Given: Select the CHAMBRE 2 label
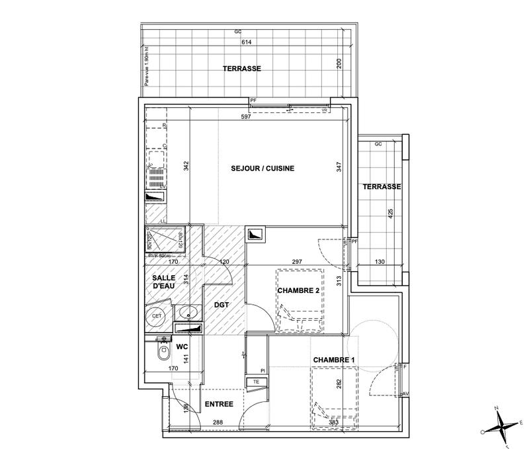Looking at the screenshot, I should click(298, 290).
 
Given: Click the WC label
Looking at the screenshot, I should click(181, 346).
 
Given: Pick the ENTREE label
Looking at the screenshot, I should click(218, 403).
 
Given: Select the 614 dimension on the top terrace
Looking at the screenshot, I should click(247, 42).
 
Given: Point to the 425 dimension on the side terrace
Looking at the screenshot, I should click(390, 216).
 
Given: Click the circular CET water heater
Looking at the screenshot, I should click(157, 316).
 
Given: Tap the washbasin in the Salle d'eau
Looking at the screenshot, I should click(184, 311).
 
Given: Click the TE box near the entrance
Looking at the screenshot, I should click(255, 382).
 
